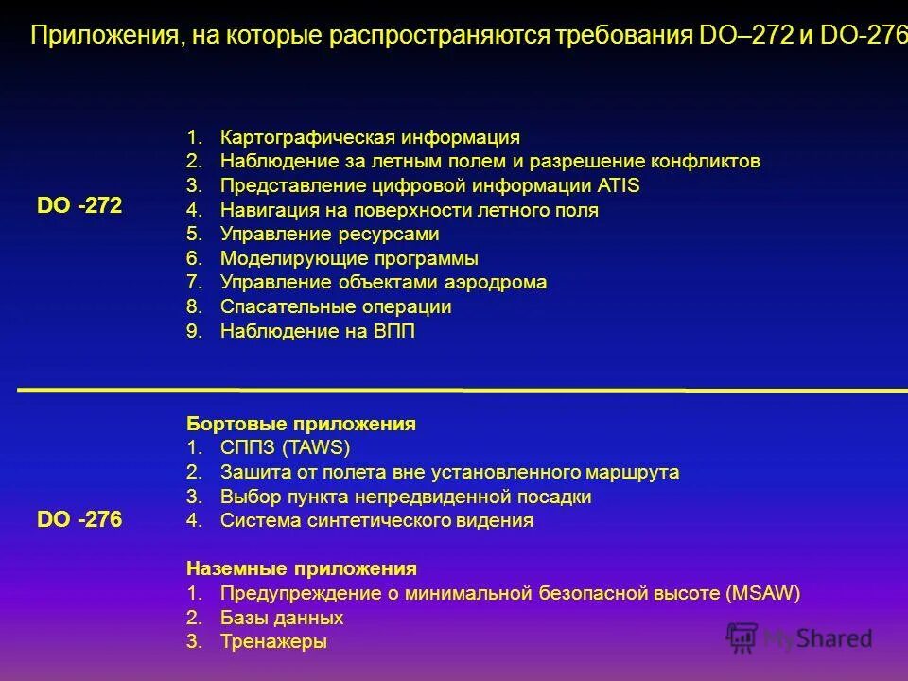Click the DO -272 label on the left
pos(80,206)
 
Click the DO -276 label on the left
pos(80,519)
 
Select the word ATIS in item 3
pos(619,185)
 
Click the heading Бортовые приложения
pos(301,424)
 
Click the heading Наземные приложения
pos(301,568)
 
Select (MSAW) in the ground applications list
pos(764,594)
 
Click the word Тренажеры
pos(273,642)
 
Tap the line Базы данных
pos(281,618)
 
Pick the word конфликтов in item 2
pos(705,161)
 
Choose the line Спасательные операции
pos(335,307)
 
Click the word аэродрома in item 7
pos(494,283)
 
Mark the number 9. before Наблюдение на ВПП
pos(195,332)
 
